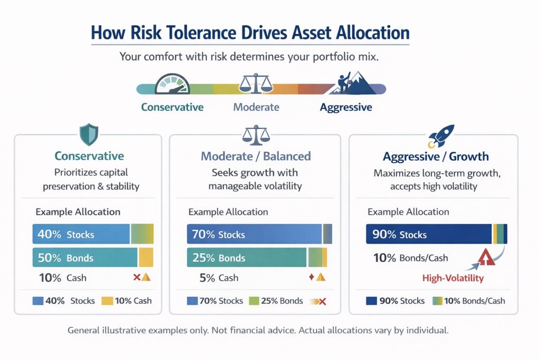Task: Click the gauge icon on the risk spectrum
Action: click(172, 85)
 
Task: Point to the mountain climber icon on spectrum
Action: click(356, 83)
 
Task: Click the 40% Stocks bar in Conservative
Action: click(81, 234)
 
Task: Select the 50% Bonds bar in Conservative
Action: click(84, 258)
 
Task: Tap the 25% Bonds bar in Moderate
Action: click(247, 258)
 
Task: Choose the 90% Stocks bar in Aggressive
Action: click(429, 234)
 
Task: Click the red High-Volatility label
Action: click(452, 278)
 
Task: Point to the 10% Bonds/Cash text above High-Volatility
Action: click(410, 258)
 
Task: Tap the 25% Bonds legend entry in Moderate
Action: click(282, 301)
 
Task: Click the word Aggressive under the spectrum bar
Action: click(346, 108)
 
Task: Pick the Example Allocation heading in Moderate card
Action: click(228, 212)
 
